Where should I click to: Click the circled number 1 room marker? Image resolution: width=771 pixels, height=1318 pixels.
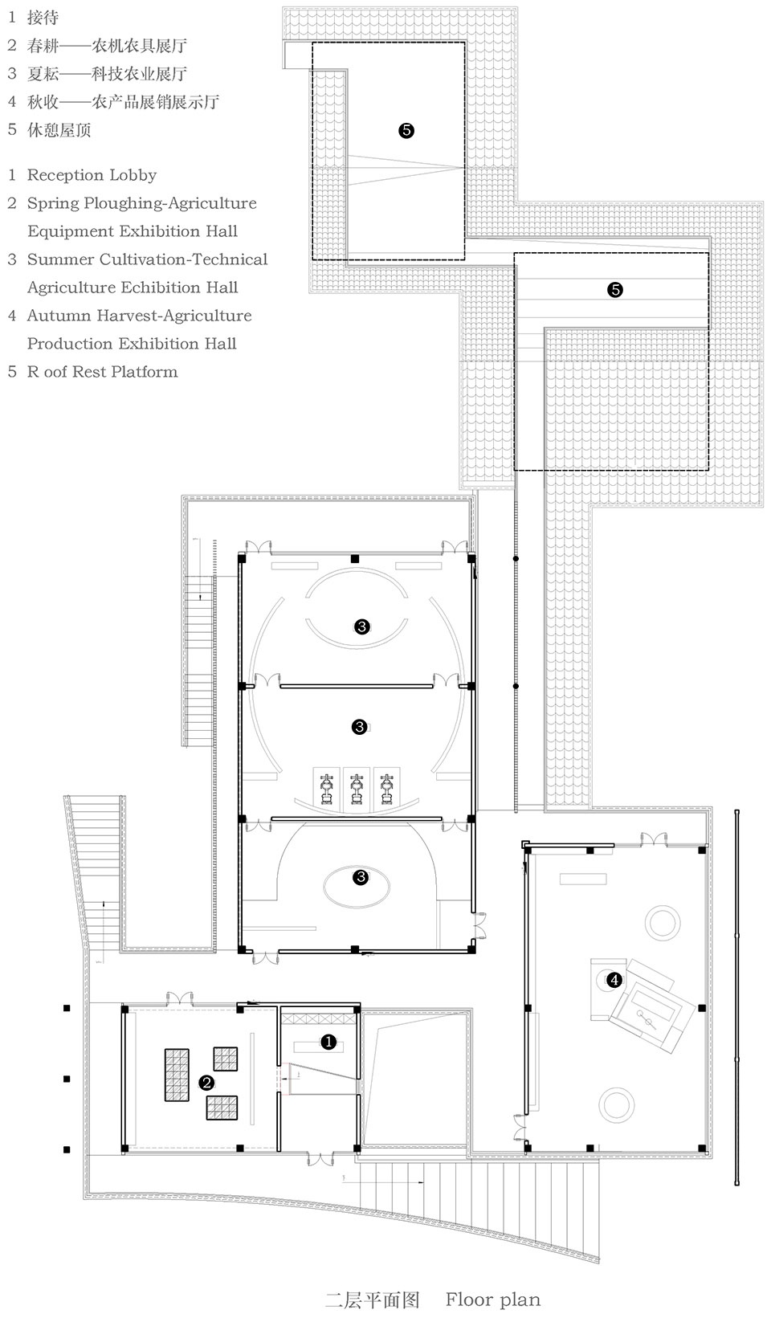328,1042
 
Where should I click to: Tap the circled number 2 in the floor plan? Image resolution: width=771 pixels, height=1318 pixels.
206,1083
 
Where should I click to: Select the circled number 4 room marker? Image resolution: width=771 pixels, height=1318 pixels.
614,980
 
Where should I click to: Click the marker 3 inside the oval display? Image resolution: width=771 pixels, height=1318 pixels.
360,877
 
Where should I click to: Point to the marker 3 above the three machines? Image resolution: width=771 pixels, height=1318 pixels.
359,727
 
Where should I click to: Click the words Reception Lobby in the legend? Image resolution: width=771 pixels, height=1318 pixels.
92,175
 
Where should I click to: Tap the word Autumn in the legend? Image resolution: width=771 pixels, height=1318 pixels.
59,316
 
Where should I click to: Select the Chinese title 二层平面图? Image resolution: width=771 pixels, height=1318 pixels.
372,1300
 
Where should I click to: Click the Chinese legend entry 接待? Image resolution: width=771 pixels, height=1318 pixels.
43,17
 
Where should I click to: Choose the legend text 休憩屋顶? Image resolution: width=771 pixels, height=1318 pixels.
59,129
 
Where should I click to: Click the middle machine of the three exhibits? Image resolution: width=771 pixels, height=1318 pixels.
357,790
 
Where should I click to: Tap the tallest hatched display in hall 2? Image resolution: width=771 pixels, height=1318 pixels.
177,1075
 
